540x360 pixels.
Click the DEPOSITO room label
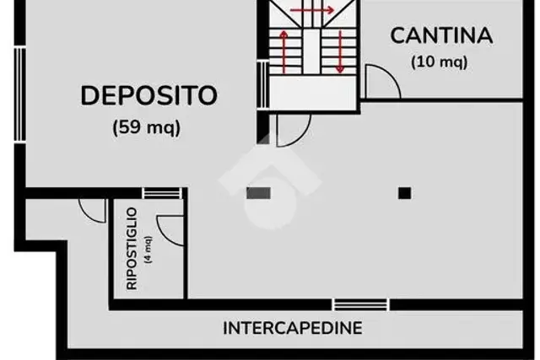pyautogui.click(x=148, y=95)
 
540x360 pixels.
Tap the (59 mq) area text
pyautogui.click(x=147, y=127)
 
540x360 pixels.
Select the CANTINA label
pyautogui.click(x=441, y=35)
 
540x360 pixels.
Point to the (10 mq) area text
pyautogui.click(x=440, y=62)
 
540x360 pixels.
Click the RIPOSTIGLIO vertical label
pyautogui.click(x=132, y=249)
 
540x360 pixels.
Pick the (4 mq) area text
pyautogui.click(x=148, y=250)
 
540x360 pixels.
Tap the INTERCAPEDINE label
pyautogui.click(x=293, y=328)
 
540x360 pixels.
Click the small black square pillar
pyautogui.click(x=405, y=193)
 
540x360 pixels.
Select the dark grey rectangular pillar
pyautogui.click(x=259, y=193)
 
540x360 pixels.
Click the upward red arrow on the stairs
pyautogui.click(x=284, y=51)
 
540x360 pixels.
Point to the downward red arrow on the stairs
pyautogui.click(x=340, y=51)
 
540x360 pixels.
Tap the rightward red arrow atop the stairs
pyautogui.click(x=312, y=10)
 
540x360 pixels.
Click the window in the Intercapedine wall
pyautogui.click(x=361, y=304)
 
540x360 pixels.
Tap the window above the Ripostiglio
pyautogui.click(x=162, y=193)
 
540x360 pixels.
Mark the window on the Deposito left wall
pyautogui.click(x=20, y=94)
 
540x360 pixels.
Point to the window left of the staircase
pyautogui.click(x=262, y=84)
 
